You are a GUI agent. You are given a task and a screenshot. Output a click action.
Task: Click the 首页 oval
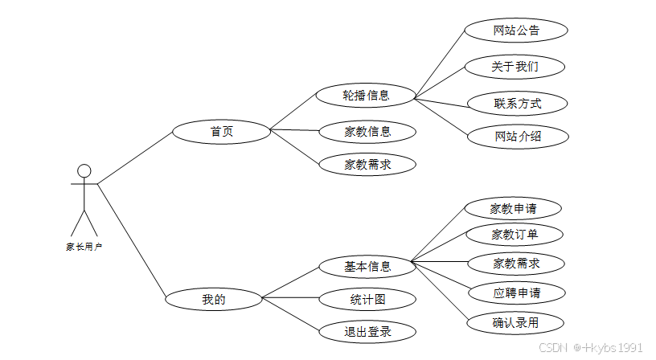click(x=222, y=131)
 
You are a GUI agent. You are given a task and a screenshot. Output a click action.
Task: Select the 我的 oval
click(x=214, y=300)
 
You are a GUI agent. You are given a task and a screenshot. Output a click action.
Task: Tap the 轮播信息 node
click(x=367, y=95)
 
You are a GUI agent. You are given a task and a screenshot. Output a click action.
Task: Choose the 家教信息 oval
click(x=367, y=132)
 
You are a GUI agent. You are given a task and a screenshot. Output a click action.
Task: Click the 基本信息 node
click(x=367, y=266)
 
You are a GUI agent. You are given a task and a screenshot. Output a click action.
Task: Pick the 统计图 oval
click(x=367, y=300)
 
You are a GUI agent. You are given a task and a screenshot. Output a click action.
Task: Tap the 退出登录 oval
click(x=367, y=331)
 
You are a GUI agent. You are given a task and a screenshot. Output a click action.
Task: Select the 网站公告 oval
click(x=516, y=31)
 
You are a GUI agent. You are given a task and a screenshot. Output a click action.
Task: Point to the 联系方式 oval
click(x=517, y=103)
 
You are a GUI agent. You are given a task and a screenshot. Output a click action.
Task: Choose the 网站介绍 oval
click(x=518, y=136)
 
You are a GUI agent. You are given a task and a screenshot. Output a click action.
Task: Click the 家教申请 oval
click(x=513, y=208)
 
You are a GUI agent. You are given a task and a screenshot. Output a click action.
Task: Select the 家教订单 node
click(x=515, y=235)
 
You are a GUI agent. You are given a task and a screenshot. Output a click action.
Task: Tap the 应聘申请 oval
click(x=516, y=292)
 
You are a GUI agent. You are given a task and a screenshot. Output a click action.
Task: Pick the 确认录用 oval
click(x=515, y=323)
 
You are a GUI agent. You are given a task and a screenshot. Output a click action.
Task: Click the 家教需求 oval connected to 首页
click(x=367, y=165)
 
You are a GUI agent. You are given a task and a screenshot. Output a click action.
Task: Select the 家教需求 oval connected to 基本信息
click(x=516, y=263)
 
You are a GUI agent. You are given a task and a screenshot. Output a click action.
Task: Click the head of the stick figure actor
click(x=84, y=171)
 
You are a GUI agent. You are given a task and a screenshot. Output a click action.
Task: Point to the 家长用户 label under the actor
click(x=84, y=247)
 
